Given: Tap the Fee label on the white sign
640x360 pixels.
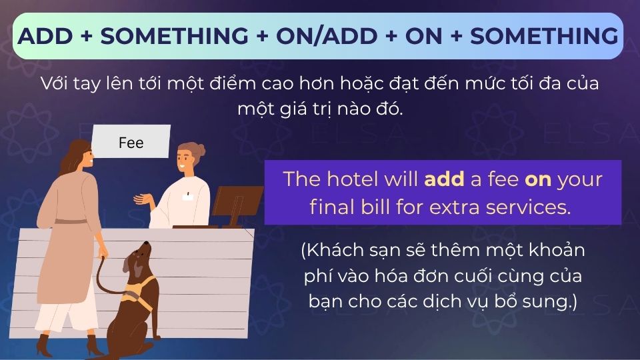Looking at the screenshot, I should (x=131, y=143).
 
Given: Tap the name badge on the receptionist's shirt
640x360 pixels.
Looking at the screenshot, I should (x=189, y=196).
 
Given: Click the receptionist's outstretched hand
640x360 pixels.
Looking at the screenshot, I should (x=142, y=198).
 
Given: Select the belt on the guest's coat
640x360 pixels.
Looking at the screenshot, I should (x=70, y=221).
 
